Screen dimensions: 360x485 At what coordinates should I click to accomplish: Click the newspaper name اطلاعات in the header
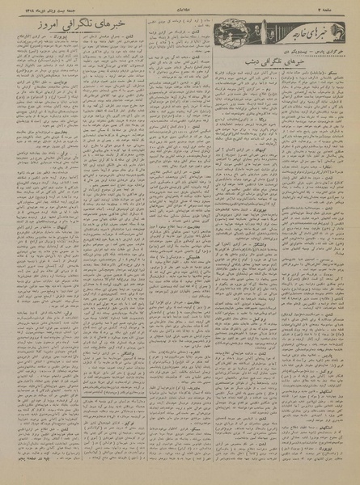coord(180,10)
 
